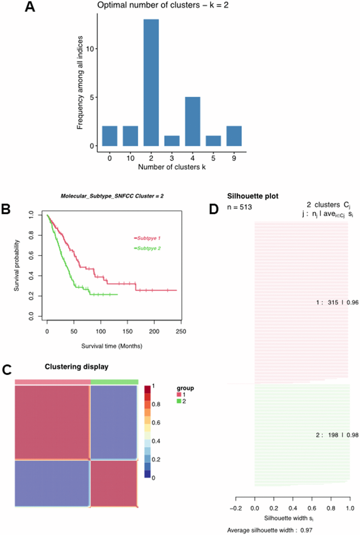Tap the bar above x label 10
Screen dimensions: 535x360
tap(130, 136)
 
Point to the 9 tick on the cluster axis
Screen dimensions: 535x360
tap(234, 158)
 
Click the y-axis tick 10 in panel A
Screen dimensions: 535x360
tap(90, 49)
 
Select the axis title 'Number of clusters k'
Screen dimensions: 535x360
tap(172, 167)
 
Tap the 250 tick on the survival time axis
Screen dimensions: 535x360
tap(181, 331)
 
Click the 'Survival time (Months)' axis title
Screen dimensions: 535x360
tap(112, 346)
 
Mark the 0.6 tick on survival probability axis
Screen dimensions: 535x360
tap(31, 255)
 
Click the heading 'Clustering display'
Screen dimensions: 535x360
tap(76, 367)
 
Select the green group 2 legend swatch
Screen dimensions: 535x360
tap(179, 401)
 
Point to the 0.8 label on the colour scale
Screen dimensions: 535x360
tap(156, 404)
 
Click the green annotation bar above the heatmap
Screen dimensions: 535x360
tap(114, 382)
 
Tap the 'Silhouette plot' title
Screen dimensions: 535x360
tap(253, 196)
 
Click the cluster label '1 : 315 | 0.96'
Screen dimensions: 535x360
tap(337, 302)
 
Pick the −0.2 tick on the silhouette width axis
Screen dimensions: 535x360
tap(236, 508)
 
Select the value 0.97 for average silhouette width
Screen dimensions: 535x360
tap(306, 530)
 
